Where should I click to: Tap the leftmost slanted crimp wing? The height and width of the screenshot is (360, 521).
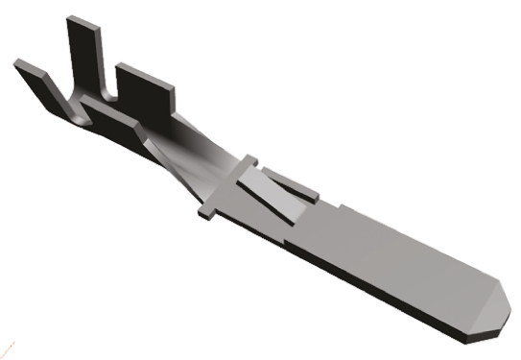click(x=40, y=83)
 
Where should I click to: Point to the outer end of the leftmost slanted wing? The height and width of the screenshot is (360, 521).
click(x=21, y=65)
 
